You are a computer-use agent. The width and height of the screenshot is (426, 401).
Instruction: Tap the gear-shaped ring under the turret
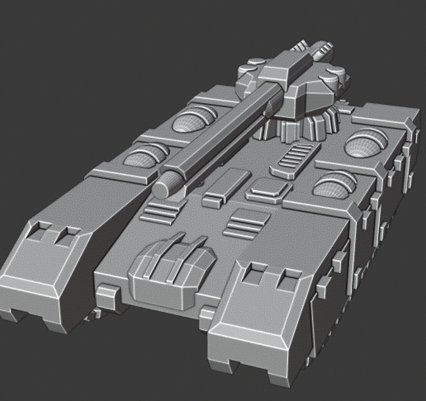point(301,124)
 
